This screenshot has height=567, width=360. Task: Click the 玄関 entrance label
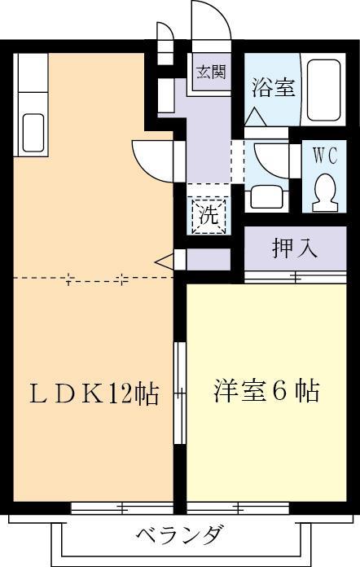[x=209, y=72]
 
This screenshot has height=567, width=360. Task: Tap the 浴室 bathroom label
[x=273, y=87]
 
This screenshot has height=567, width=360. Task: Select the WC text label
[x=326, y=152]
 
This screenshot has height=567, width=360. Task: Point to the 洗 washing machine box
[x=209, y=216]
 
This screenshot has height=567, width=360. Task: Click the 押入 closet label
[x=295, y=248]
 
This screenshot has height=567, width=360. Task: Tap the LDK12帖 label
[x=94, y=394]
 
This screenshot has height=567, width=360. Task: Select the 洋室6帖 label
[x=266, y=391]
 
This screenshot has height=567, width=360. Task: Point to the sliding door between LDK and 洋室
[x=180, y=393]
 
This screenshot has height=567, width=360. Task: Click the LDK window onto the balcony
[x=122, y=509]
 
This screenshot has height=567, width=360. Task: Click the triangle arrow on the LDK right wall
[x=164, y=261]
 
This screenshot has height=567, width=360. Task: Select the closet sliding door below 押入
[x=295, y=278]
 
